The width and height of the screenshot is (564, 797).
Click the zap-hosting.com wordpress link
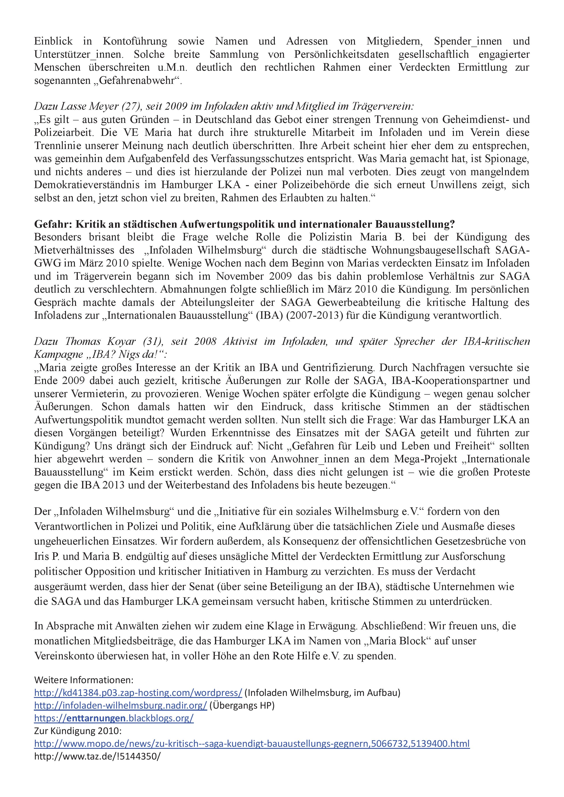pyautogui.click(x=138, y=693)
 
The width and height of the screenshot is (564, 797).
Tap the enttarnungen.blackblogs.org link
pyautogui.click(x=114, y=718)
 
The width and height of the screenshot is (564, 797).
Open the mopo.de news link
pyautogui.click(x=252, y=744)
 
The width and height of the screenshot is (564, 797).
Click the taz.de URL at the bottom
pyautogui.click(x=97, y=756)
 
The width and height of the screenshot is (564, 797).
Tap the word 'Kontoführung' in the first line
pyautogui.click(x=135, y=41)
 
